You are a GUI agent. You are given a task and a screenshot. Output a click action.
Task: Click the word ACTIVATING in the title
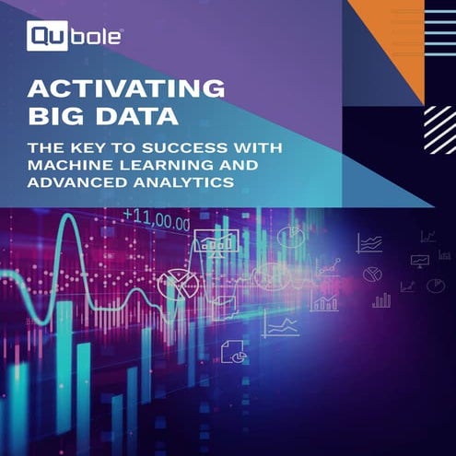126,89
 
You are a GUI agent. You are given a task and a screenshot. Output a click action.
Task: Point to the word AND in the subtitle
233,165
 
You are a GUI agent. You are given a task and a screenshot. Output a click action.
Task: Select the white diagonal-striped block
439,129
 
